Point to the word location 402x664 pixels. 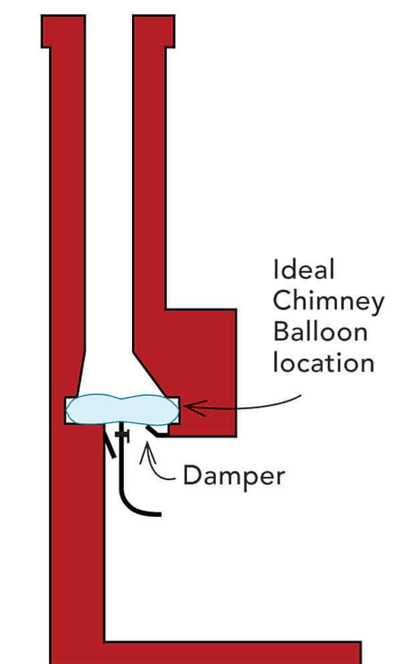[322, 363]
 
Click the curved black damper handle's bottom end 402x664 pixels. [158, 514]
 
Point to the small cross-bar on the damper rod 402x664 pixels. [121, 435]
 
